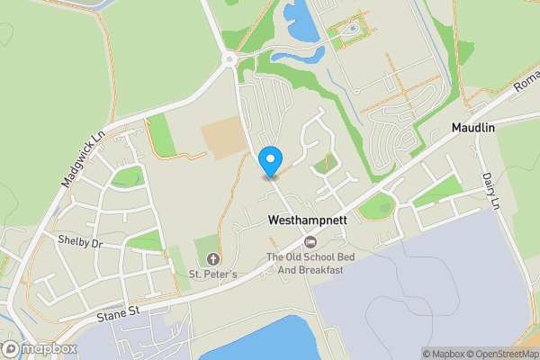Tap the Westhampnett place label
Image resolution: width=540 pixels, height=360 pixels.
coord(306,220)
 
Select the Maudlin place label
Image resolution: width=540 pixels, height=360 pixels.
coord(474,129)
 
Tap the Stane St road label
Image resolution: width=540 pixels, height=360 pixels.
coord(123,312)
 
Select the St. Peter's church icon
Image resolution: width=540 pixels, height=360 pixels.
coord(212,259)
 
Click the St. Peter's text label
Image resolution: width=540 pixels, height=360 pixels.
coord(212,274)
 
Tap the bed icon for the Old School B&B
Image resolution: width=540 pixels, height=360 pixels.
coord(310,242)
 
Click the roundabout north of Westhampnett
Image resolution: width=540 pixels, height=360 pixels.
coord(230,59)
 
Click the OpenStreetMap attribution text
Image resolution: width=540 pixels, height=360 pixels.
coord(500,354)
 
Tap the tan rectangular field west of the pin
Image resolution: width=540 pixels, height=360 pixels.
coord(221,138)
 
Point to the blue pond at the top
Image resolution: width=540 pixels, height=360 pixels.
coord(301,22)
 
